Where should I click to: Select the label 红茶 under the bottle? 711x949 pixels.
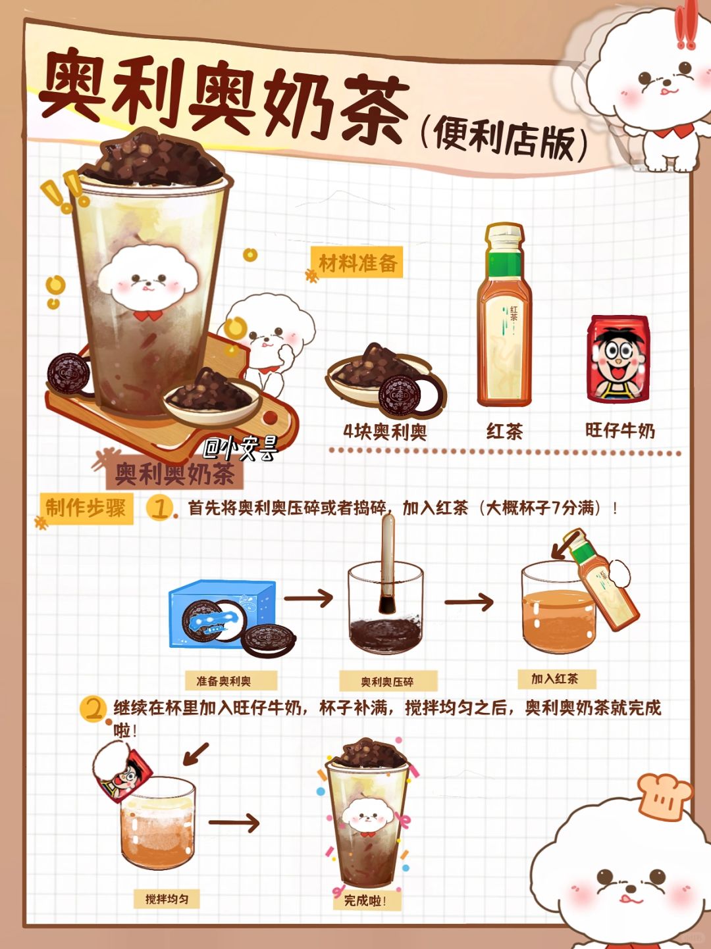[x=504, y=431]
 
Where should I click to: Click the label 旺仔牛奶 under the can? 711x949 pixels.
[x=620, y=430]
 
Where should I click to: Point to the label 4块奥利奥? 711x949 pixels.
[x=385, y=431]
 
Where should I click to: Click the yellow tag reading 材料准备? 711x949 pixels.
[x=357, y=262]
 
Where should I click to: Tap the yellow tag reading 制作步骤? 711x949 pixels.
[x=86, y=508]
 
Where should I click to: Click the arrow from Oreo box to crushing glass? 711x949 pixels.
[x=308, y=598]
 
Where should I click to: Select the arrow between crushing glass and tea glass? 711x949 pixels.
[x=469, y=602]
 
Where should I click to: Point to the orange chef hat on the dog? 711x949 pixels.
[x=664, y=797]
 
